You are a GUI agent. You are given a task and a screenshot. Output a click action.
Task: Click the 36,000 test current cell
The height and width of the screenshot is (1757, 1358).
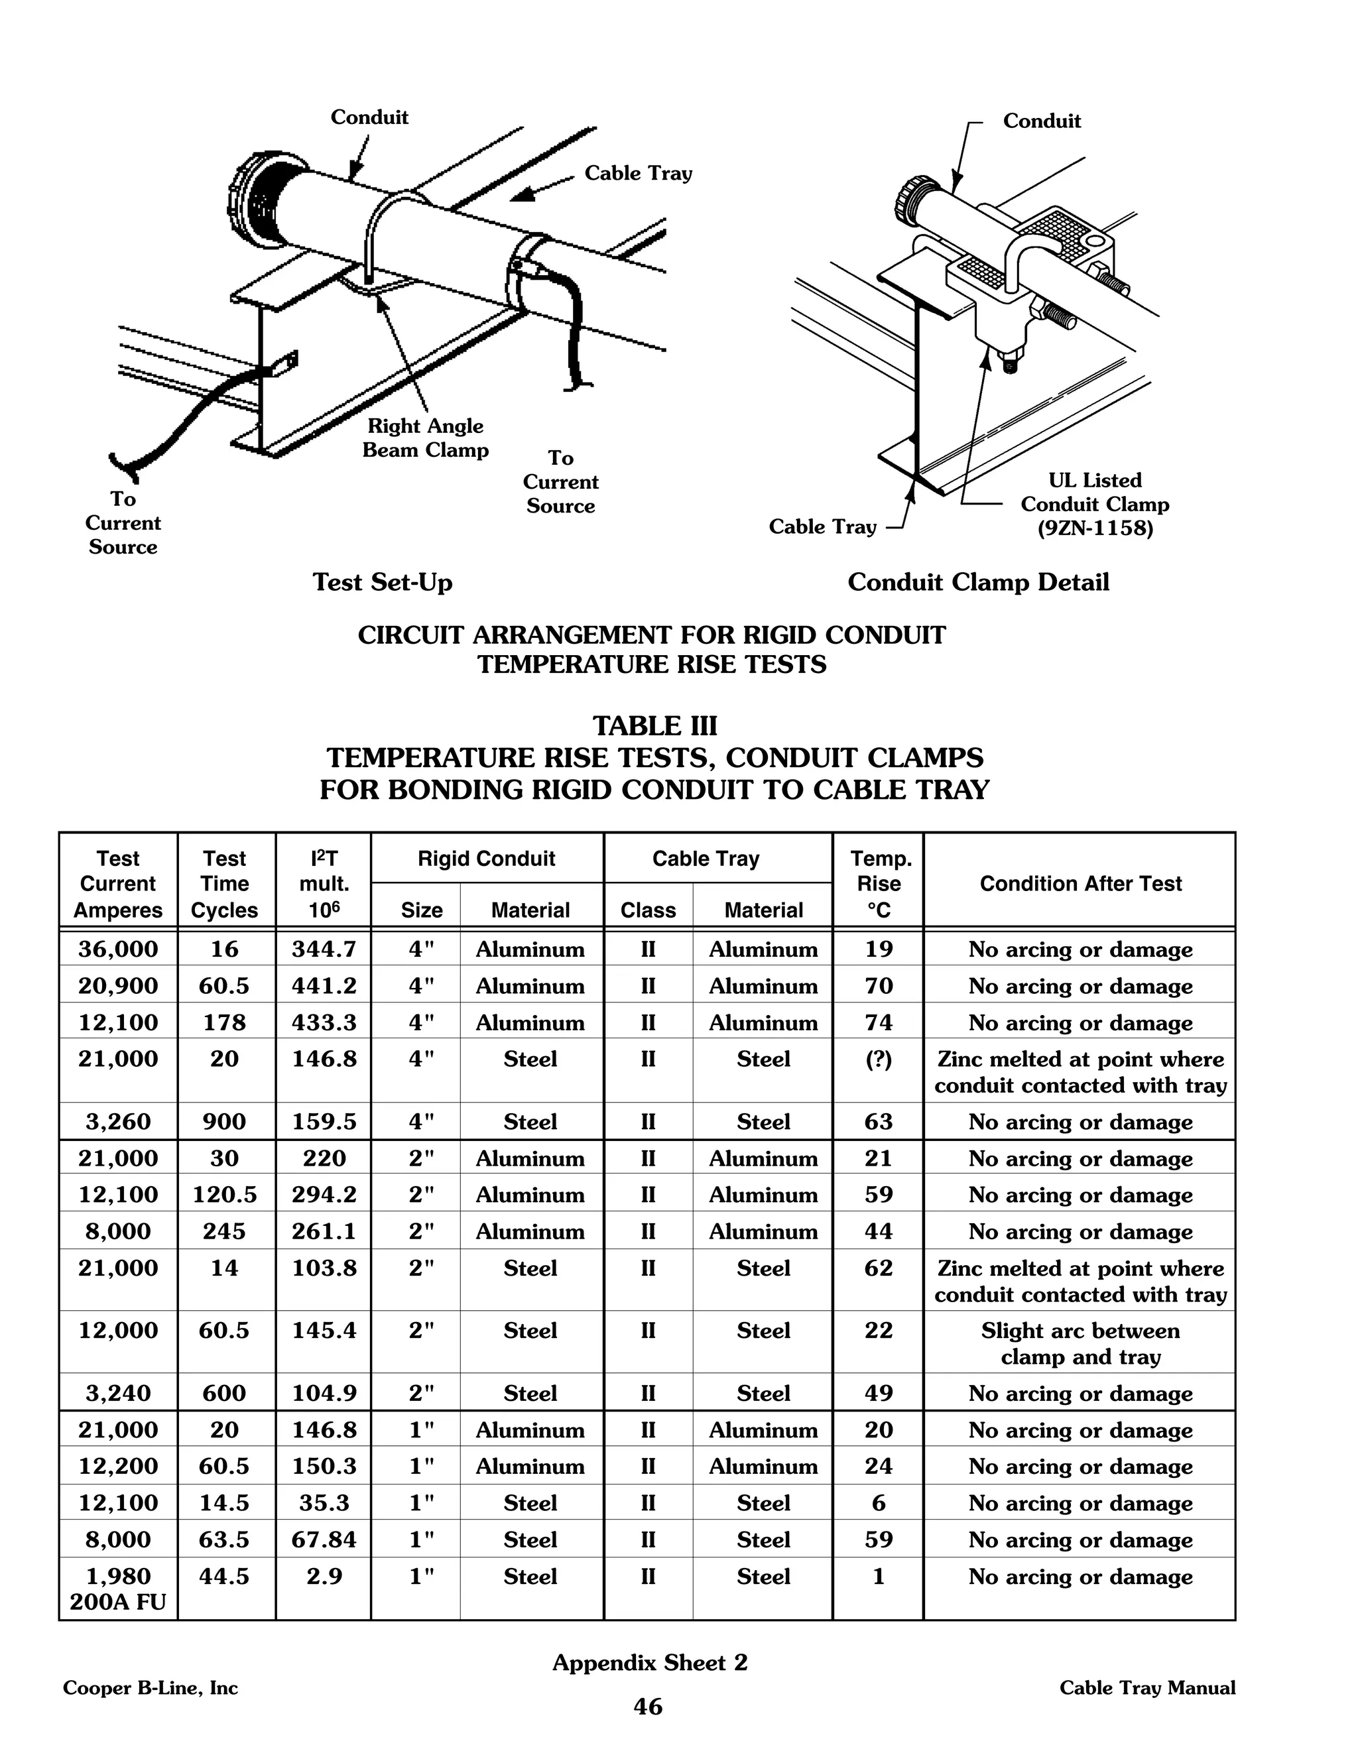pyautogui.click(x=118, y=949)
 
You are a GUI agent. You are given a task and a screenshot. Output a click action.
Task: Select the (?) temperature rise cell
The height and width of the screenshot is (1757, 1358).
pyautogui.click(x=879, y=1060)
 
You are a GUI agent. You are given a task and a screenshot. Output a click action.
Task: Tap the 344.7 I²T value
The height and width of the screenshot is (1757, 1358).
pyautogui.click(x=324, y=949)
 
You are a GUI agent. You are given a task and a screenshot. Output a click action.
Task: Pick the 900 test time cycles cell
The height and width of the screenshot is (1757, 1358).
pyautogui.click(x=225, y=1121)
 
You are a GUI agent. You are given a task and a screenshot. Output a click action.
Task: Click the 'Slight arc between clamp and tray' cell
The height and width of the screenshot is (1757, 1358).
pyautogui.click(x=1080, y=1343)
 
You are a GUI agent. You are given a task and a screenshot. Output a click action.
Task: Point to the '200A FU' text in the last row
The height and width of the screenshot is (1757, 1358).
pyautogui.click(x=118, y=1602)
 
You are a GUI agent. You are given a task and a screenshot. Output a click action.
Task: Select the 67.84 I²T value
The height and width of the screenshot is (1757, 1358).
pyautogui.click(x=324, y=1539)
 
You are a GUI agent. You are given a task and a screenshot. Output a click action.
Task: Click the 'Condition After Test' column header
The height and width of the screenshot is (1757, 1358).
pyautogui.click(x=1080, y=883)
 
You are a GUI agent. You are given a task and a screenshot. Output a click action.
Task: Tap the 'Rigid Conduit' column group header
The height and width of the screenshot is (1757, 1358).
pyautogui.click(x=486, y=859)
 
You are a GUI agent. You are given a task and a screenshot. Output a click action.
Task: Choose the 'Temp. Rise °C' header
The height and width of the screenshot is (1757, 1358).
pyautogui.click(x=879, y=883)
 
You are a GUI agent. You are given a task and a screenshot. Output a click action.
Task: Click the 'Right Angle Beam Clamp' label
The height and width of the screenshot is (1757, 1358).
pyautogui.click(x=425, y=438)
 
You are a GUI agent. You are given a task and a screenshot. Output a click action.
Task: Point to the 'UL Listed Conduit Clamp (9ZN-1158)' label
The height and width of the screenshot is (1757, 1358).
pyautogui.click(x=1094, y=505)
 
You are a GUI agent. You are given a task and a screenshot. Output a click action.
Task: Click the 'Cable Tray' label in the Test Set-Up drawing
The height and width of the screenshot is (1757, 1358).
pyautogui.click(x=638, y=174)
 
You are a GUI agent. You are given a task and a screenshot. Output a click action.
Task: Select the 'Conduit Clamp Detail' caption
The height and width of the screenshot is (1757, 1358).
pyautogui.click(x=977, y=581)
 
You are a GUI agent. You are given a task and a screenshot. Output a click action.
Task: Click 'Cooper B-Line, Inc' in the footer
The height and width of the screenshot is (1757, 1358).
pyautogui.click(x=151, y=1688)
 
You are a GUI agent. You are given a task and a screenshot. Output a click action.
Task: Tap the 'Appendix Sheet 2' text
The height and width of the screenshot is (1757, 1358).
pyautogui.click(x=649, y=1662)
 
